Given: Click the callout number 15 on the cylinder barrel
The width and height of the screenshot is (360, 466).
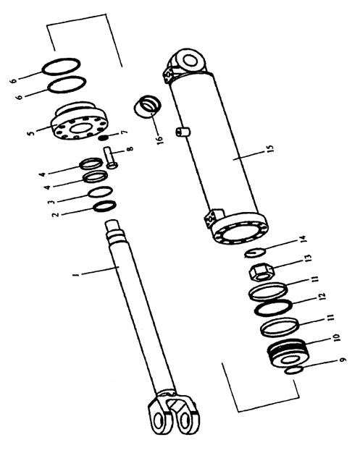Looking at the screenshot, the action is (270, 148).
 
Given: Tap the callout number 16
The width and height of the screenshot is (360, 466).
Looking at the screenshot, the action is (160, 139).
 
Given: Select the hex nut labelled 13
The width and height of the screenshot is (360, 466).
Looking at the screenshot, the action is (261, 272).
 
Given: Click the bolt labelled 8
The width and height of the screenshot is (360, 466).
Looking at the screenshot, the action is (110, 158).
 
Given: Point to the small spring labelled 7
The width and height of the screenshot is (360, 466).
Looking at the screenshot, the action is (104, 137).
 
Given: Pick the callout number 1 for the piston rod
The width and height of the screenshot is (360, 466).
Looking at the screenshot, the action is (77, 274).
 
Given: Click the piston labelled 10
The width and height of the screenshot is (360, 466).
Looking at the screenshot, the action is (288, 355).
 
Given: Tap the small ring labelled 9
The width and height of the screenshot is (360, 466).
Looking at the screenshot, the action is (293, 370).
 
